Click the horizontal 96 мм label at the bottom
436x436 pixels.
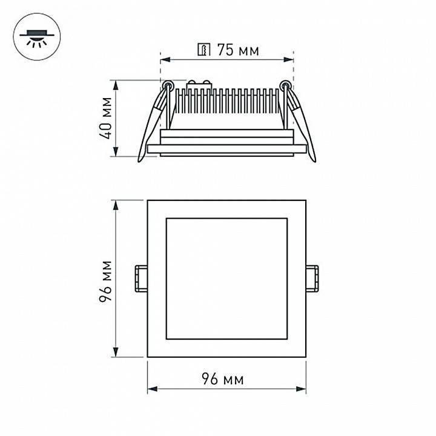click(222, 380)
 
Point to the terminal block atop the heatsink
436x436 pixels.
click(199, 84)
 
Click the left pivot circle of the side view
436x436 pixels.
click(167, 86)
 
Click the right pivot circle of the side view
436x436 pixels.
click(285, 86)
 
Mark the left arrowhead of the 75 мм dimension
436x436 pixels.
click(164, 59)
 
